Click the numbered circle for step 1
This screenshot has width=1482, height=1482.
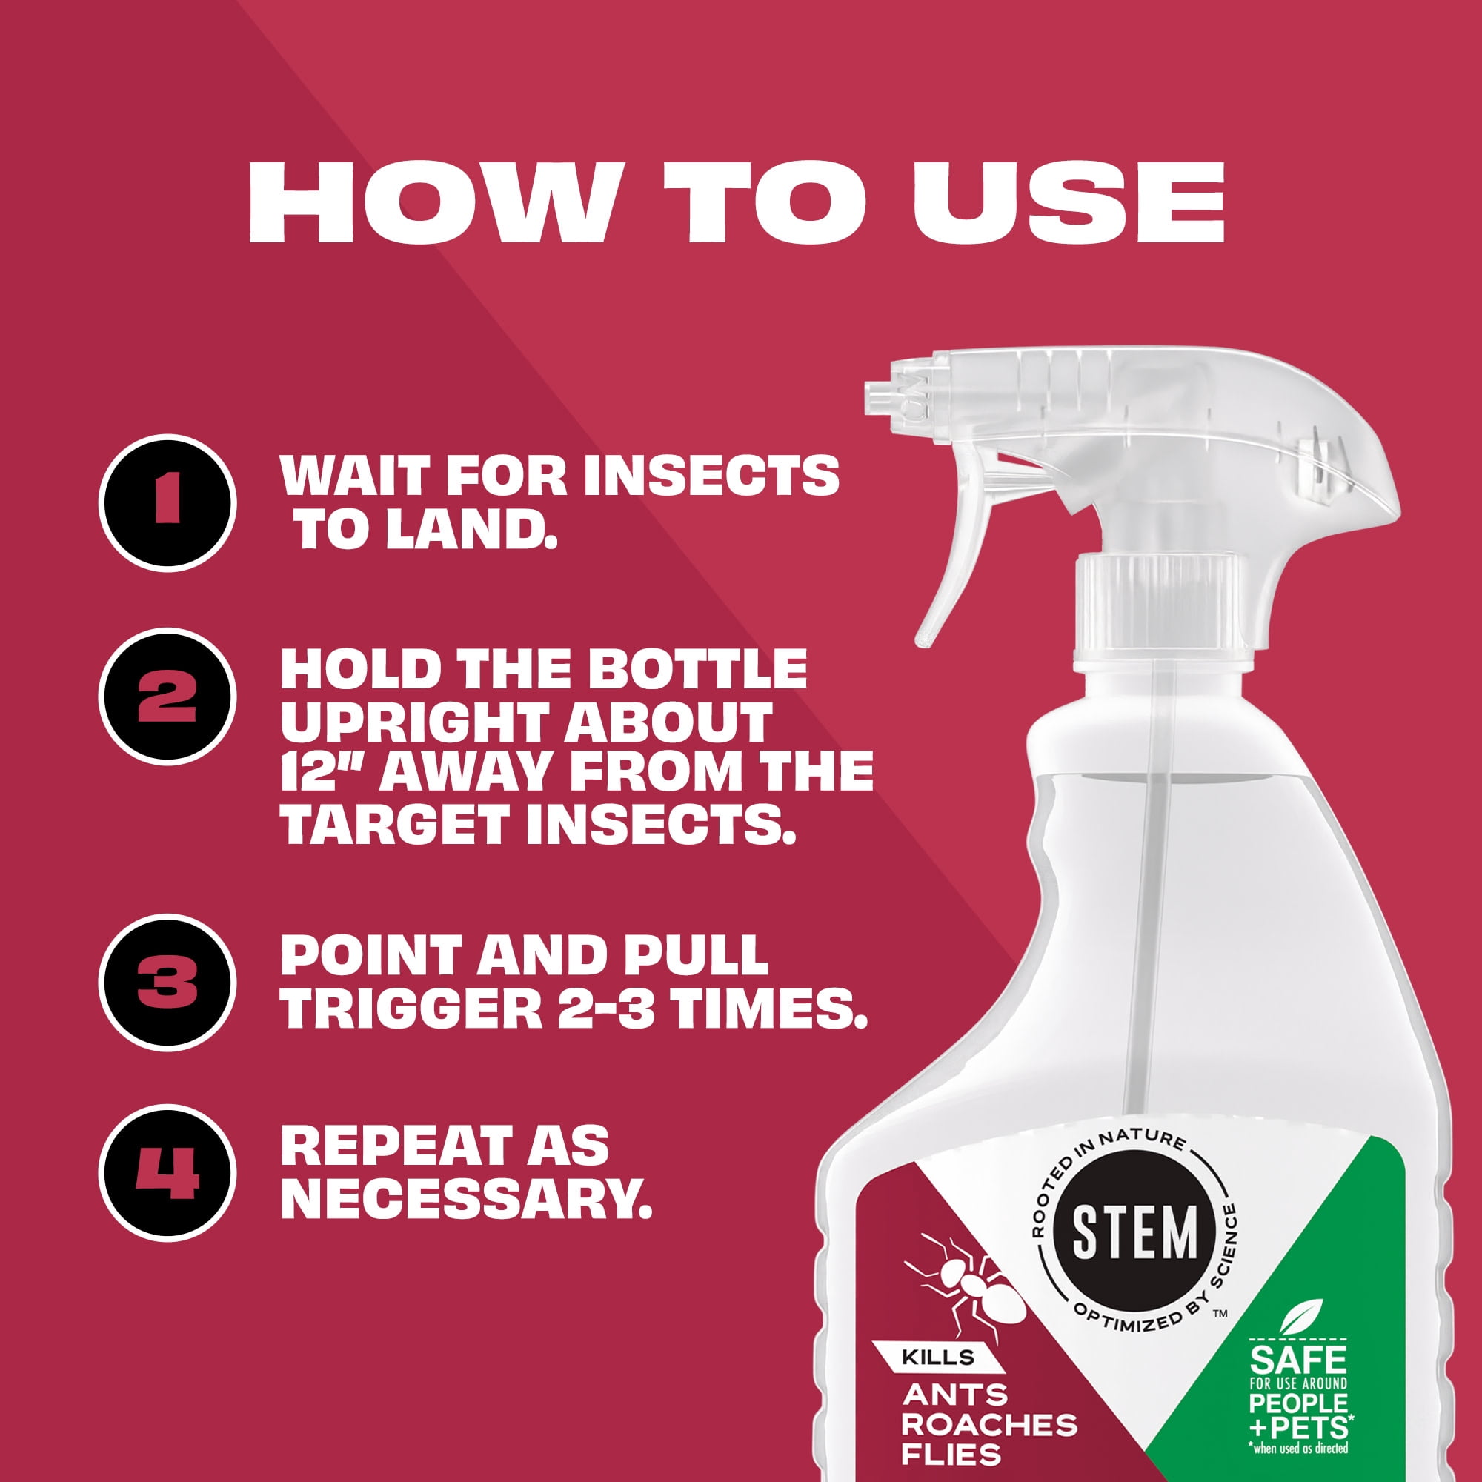167,502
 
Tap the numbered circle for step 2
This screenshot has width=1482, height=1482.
167,697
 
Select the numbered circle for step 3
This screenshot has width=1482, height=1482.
167,983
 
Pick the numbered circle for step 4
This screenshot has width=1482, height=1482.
167,1173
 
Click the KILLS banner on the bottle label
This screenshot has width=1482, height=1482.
943,1358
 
